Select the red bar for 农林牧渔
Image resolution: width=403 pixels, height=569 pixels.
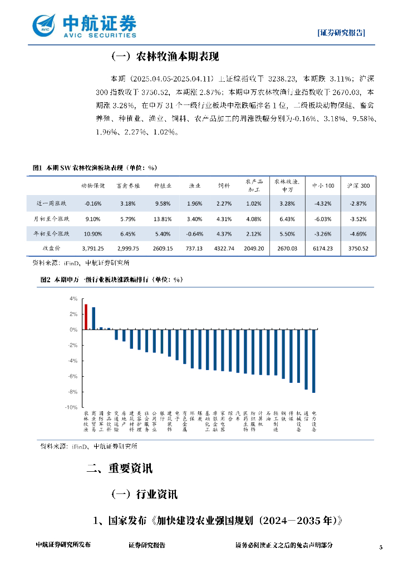86,317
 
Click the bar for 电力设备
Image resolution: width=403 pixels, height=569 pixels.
314,361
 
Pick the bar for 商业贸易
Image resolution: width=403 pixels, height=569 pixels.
94,318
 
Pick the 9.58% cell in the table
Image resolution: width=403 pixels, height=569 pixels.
163,203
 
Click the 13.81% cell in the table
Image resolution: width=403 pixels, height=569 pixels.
163,218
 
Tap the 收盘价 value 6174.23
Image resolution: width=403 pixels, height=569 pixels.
323,249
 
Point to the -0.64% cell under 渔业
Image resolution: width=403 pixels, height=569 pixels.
194,234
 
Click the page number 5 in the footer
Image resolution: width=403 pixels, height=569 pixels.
381,547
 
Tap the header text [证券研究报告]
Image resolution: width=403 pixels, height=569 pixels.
341,32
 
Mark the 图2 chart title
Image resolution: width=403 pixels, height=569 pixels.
108,280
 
